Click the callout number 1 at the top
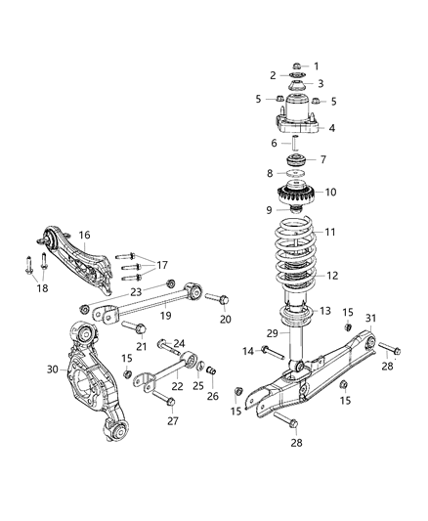pos(315,65)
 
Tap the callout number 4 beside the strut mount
pos(331,127)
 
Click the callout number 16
pos(84,235)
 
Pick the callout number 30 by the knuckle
pos(52,369)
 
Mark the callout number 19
pos(165,316)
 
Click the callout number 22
pos(175,387)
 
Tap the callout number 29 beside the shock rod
pos(273,333)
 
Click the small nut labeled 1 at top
pos(297,66)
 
